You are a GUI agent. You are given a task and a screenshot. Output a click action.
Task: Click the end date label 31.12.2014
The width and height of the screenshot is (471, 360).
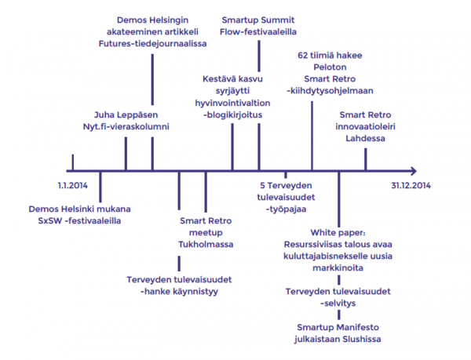(412, 186)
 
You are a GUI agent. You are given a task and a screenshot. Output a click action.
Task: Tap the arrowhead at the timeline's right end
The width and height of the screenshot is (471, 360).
(412, 169)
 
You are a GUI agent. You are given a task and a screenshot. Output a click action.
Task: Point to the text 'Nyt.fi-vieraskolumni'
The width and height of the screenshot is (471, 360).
(126, 125)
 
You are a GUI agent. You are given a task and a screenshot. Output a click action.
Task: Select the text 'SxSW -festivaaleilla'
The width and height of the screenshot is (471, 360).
(79, 220)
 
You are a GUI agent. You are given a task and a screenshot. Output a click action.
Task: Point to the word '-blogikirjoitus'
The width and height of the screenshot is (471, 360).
(232, 115)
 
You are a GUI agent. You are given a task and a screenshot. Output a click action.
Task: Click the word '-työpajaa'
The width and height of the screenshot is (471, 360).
(286, 210)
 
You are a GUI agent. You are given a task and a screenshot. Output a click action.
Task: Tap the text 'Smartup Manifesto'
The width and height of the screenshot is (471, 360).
(339, 327)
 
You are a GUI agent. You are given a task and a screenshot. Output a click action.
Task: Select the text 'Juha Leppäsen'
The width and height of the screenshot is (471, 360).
(126, 115)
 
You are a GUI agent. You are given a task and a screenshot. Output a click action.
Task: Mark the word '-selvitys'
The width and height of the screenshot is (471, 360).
(339, 302)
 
